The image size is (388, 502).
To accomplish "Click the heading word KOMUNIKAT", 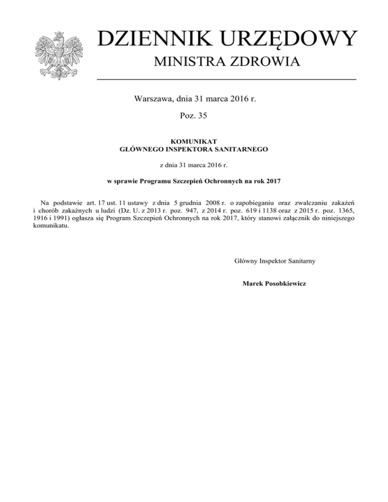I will [193, 142].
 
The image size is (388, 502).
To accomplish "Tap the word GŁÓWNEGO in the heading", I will [139, 149].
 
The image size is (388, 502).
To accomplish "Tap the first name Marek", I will [253, 283].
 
